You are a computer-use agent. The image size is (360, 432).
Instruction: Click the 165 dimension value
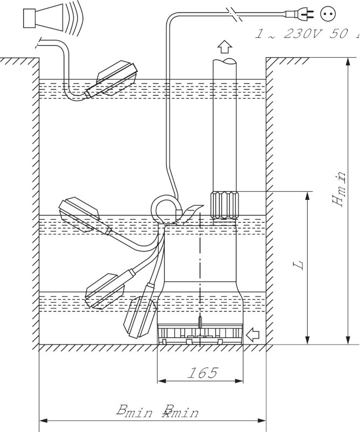(203, 372)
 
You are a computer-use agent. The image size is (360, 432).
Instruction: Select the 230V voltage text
(302, 34)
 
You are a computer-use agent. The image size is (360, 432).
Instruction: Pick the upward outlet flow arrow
(223, 46)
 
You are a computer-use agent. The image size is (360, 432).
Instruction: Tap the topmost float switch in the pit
(112, 79)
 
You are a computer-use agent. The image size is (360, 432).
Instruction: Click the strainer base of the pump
(199, 335)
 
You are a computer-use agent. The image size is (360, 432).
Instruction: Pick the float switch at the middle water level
(81, 213)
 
